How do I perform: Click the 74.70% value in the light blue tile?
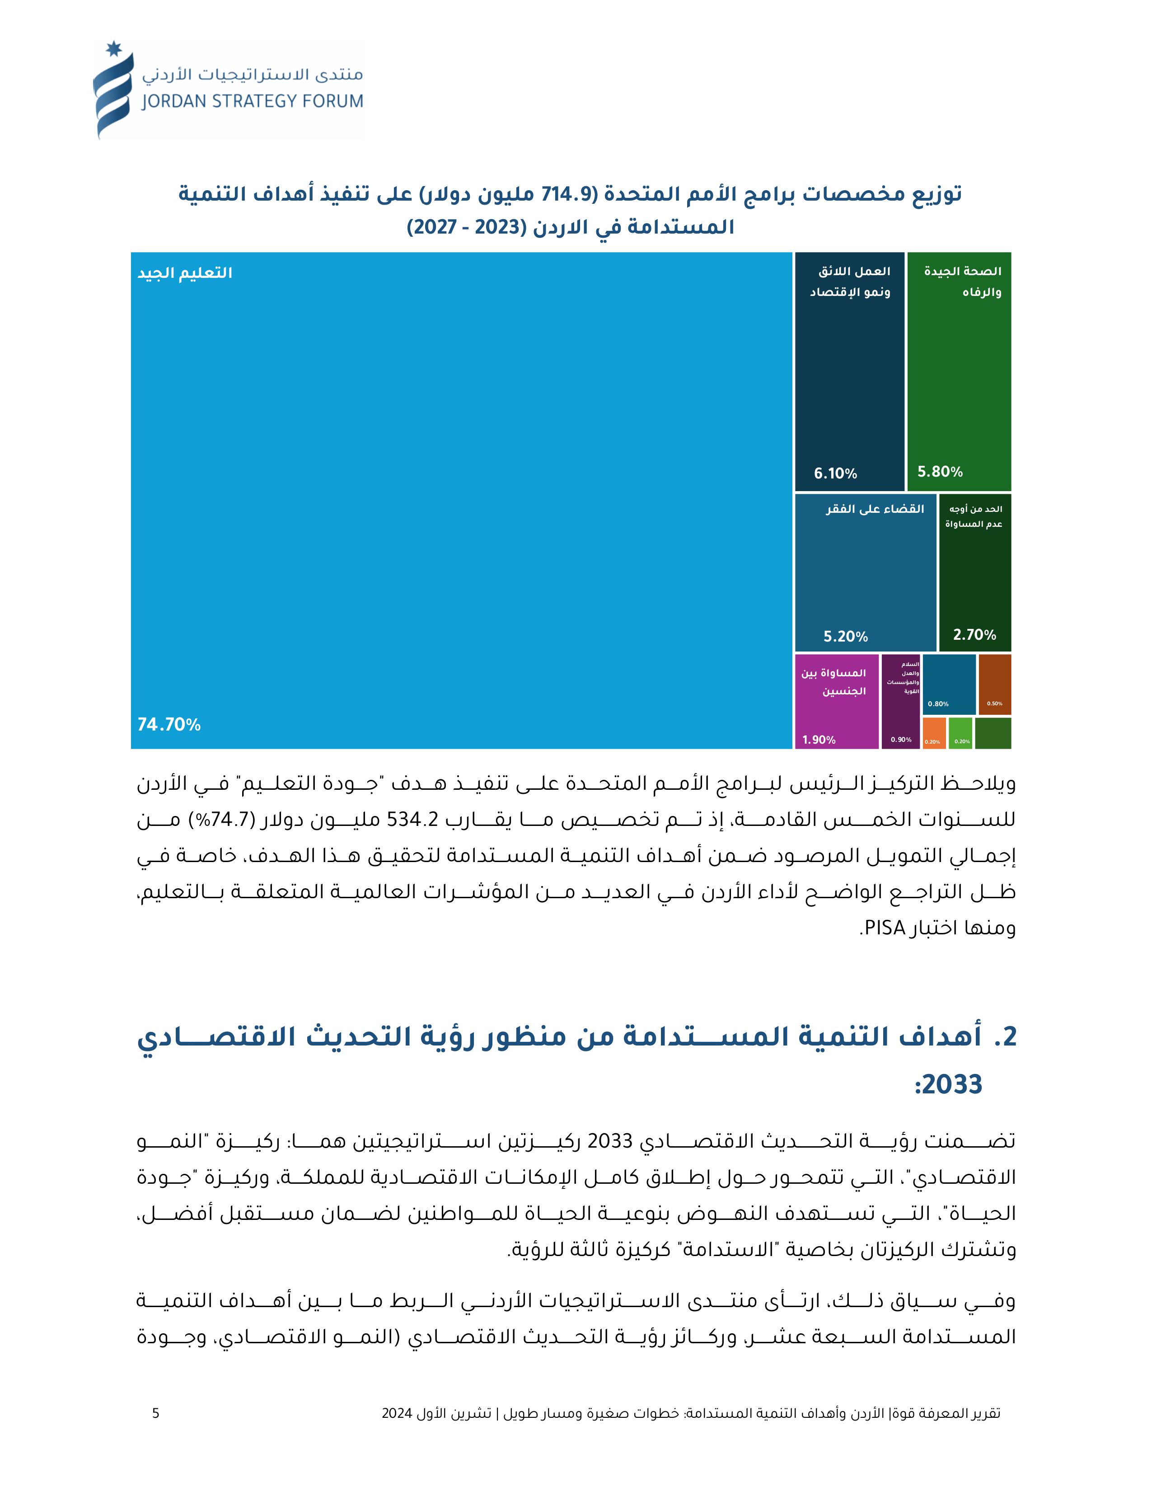[169, 725]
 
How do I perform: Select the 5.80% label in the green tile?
[940, 472]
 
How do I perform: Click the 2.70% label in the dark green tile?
[974, 635]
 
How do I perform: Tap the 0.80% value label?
[938, 704]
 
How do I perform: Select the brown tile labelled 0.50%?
[994, 685]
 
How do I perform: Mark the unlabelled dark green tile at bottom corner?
[993, 734]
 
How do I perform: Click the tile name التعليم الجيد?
[185, 273]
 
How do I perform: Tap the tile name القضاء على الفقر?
[875, 509]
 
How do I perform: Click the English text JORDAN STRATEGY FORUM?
[253, 102]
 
